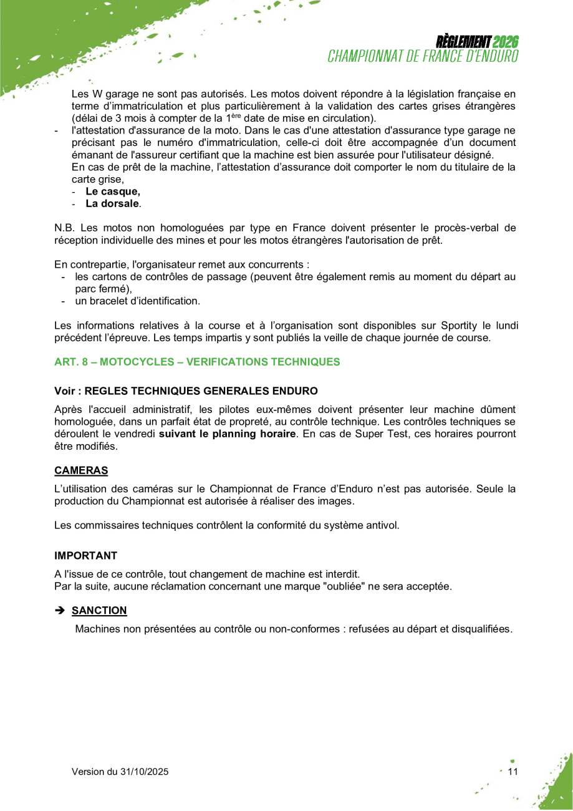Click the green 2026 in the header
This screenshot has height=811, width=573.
506,42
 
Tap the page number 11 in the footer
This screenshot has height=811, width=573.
513,772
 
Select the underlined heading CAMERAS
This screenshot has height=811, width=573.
81,470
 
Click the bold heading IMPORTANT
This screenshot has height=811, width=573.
85,555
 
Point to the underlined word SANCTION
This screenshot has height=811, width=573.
99,610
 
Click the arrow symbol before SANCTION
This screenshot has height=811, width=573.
60,610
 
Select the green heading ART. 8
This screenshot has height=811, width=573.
197,362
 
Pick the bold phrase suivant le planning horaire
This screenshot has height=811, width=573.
227,434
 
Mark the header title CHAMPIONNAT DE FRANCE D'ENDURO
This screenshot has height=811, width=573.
423,56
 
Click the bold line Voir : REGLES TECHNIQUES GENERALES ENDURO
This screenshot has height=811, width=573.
186,391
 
